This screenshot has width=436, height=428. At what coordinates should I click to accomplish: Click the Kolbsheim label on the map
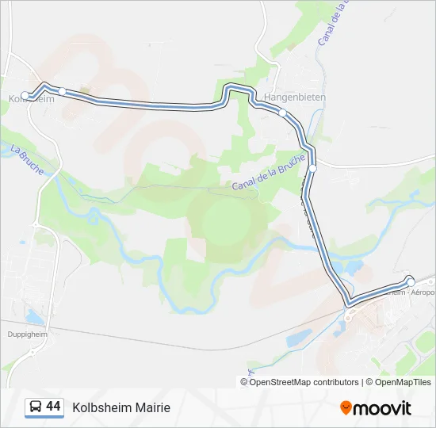click(32, 99)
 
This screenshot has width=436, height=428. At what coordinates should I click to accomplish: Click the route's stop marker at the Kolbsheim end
click(25, 96)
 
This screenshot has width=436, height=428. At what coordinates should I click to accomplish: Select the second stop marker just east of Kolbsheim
click(63, 91)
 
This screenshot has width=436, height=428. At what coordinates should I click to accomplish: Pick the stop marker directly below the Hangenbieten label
click(282, 113)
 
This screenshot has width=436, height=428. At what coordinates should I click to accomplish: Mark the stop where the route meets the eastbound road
click(313, 168)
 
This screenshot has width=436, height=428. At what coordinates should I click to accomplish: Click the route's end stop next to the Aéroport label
click(411, 282)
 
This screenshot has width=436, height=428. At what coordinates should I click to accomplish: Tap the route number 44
click(53, 407)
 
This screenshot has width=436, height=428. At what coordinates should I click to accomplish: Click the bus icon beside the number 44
click(36, 407)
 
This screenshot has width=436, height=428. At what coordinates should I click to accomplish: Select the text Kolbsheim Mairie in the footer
click(121, 407)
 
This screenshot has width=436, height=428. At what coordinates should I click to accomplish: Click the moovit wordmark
click(383, 407)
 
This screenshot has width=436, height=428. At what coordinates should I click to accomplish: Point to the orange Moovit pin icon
click(346, 407)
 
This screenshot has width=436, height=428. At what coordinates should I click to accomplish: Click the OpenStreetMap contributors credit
click(304, 382)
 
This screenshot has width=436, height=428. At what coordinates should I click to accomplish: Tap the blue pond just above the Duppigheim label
click(33, 317)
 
